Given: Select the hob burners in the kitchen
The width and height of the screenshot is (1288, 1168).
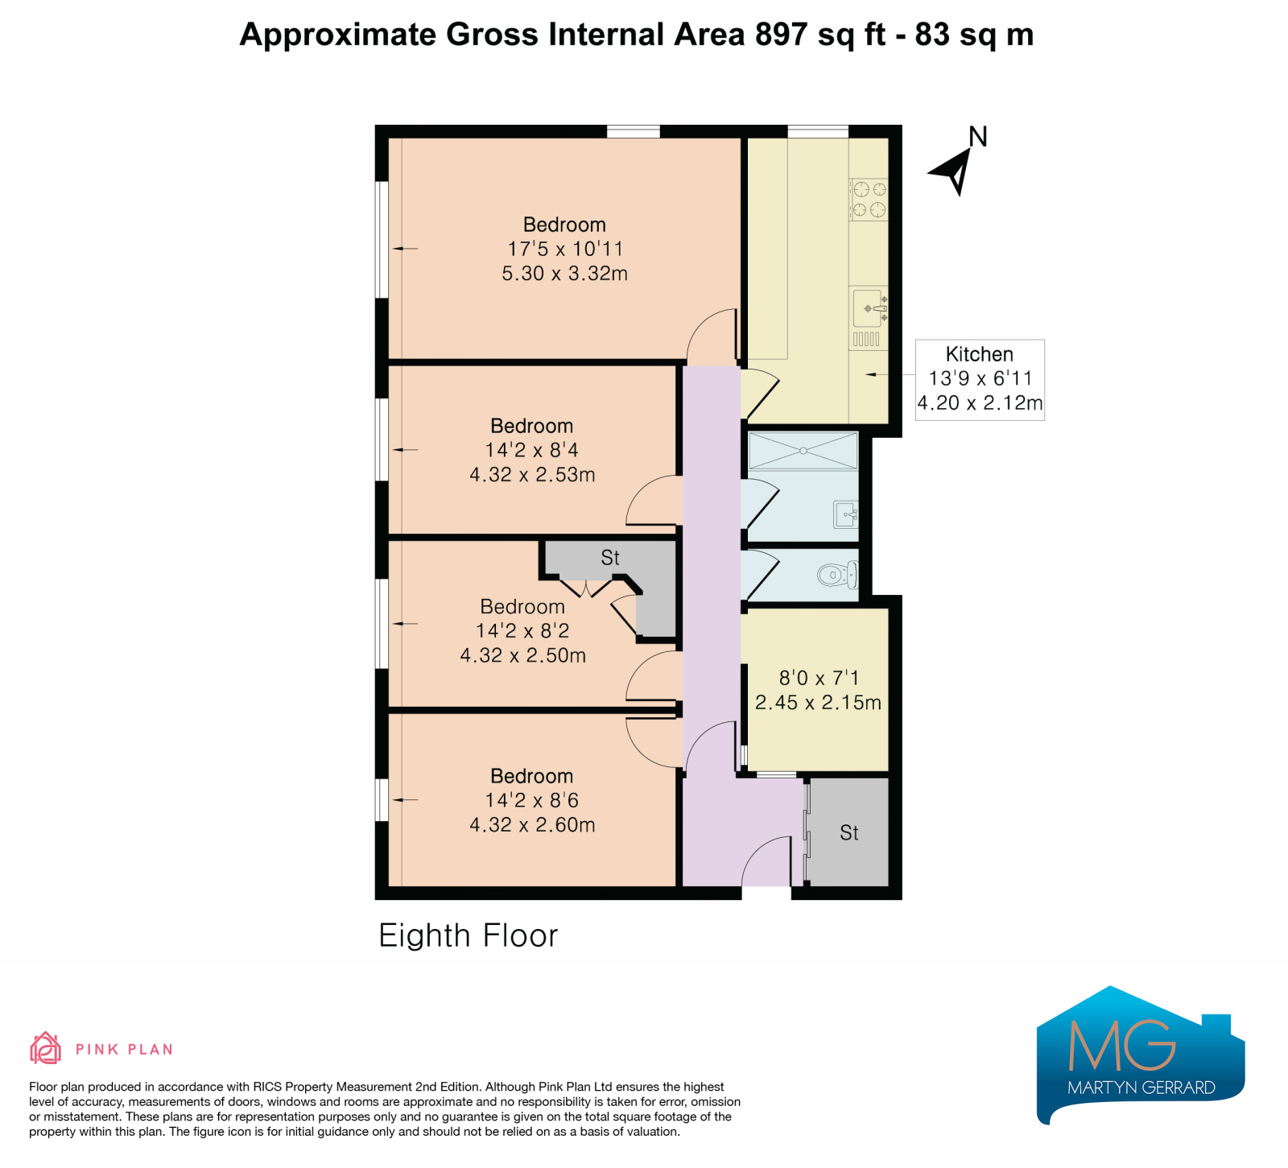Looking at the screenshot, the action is [x=869, y=200].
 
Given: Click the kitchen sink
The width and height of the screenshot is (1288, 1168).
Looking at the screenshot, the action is [x=869, y=308].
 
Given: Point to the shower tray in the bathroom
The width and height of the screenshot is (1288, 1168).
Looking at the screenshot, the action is [x=803, y=451].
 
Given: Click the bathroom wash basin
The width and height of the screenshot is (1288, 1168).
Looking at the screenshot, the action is [x=846, y=514].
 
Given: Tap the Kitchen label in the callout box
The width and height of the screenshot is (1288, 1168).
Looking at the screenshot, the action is [x=979, y=354].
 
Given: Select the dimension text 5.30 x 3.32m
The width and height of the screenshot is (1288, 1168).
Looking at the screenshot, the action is [x=564, y=274].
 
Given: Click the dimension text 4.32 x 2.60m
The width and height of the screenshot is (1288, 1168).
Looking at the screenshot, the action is [x=532, y=825].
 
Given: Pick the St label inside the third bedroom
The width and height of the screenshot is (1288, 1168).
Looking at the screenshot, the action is [x=610, y=558].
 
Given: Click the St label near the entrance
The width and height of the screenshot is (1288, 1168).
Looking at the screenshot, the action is [x=849, y=833].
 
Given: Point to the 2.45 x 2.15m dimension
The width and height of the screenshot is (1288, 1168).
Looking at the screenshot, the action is [x=818, y=703].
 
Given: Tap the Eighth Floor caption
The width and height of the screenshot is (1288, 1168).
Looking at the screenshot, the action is [x=468, y=936].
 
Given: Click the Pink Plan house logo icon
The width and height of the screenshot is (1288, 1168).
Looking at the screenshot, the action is [x=45, y=1048].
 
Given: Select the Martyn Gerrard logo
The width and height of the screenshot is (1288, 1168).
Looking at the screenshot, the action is [x=1141, y=1055].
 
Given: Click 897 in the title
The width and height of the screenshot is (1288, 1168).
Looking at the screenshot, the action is [x=782, y=35].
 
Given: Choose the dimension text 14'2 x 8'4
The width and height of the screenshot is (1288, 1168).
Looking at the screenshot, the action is [x=531, y=450].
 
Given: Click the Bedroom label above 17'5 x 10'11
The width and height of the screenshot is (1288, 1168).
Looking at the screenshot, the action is [x=564, y=225].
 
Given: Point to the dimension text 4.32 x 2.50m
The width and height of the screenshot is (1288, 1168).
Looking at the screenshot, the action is [x=522, y=655].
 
